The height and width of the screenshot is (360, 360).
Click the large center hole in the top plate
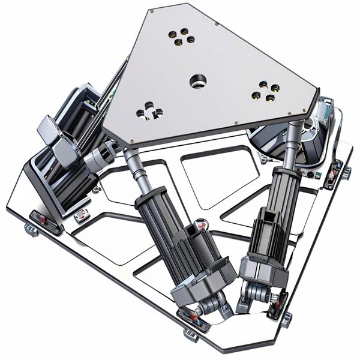coord(196,81)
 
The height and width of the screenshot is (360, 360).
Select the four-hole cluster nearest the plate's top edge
coord(181,37)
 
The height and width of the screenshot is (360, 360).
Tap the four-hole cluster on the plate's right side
coord(265,91)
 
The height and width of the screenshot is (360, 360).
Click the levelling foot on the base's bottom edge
coord(190,332)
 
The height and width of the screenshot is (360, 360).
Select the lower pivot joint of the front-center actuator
coord(207,306)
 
